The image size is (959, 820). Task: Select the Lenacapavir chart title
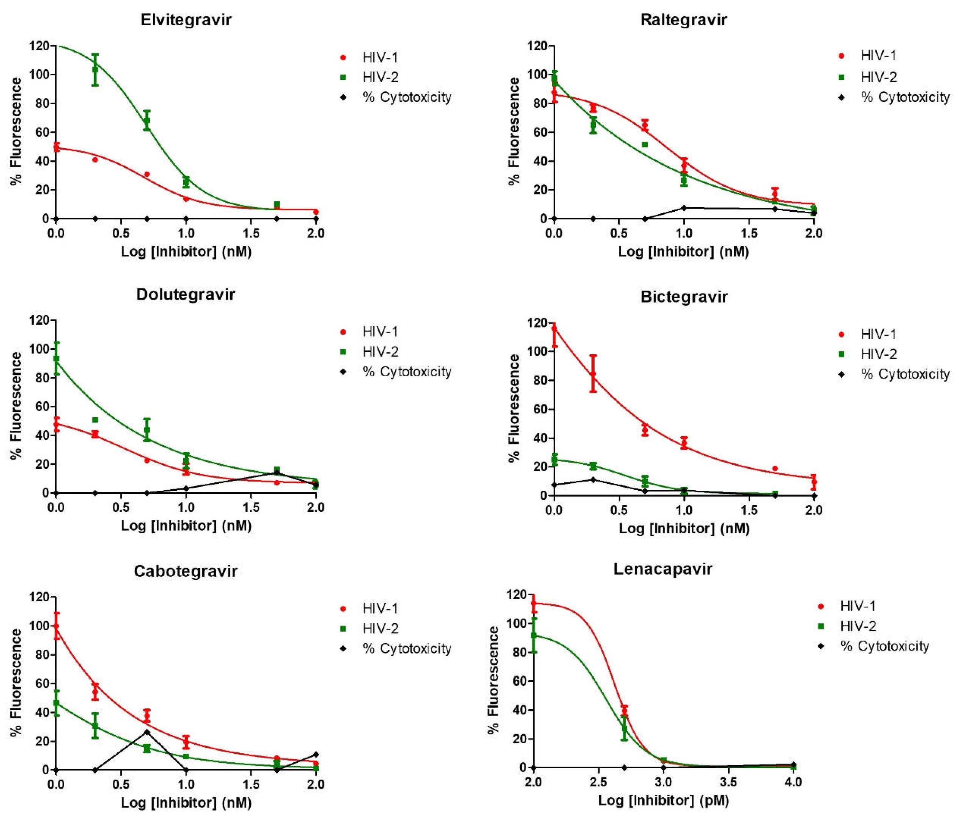(x=662, y=569)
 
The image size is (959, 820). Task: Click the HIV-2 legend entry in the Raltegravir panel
(x=878, y=77)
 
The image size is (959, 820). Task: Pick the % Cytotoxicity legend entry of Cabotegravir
(x=407, y=648)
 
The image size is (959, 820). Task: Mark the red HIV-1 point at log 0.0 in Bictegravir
(x=554, y=329)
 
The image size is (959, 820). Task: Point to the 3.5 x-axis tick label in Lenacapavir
(x=729, y=782)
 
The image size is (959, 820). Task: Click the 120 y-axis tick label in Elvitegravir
(x=39, y=46)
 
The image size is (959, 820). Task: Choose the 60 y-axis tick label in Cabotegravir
(x=42, y=683)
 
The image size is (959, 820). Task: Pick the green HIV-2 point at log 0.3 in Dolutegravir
(x=95, y=420)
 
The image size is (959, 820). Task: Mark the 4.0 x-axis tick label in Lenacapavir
(x=793, y=782)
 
